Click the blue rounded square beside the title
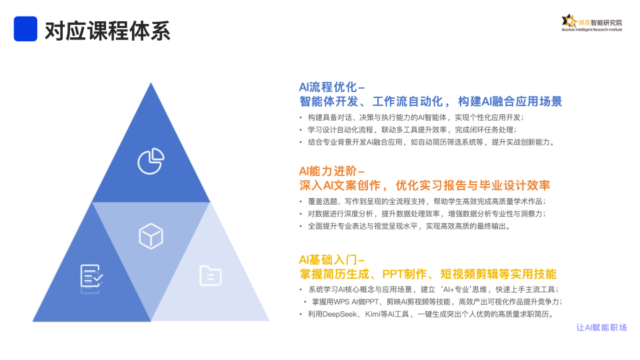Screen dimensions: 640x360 [25, 29]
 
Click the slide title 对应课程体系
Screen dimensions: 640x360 [107, 31]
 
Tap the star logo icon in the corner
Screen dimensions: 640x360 [569, 21]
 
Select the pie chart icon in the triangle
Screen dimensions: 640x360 [151, 161]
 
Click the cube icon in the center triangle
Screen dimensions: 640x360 [151, 236]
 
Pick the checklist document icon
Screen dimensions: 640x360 [91, 276]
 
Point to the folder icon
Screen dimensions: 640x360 [210, 275]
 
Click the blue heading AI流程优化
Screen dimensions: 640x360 [328, 87]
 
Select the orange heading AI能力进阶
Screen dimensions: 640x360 [328, 171]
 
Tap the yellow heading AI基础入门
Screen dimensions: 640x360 [328, 259]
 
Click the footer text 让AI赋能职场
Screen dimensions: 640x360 [601, 327]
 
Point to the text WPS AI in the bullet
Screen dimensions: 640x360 [345, 302]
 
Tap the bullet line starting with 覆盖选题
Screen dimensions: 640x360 [427, 201]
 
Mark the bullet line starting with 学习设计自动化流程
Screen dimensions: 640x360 [412, 130]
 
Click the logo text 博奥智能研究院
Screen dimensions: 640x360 [599, 23]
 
